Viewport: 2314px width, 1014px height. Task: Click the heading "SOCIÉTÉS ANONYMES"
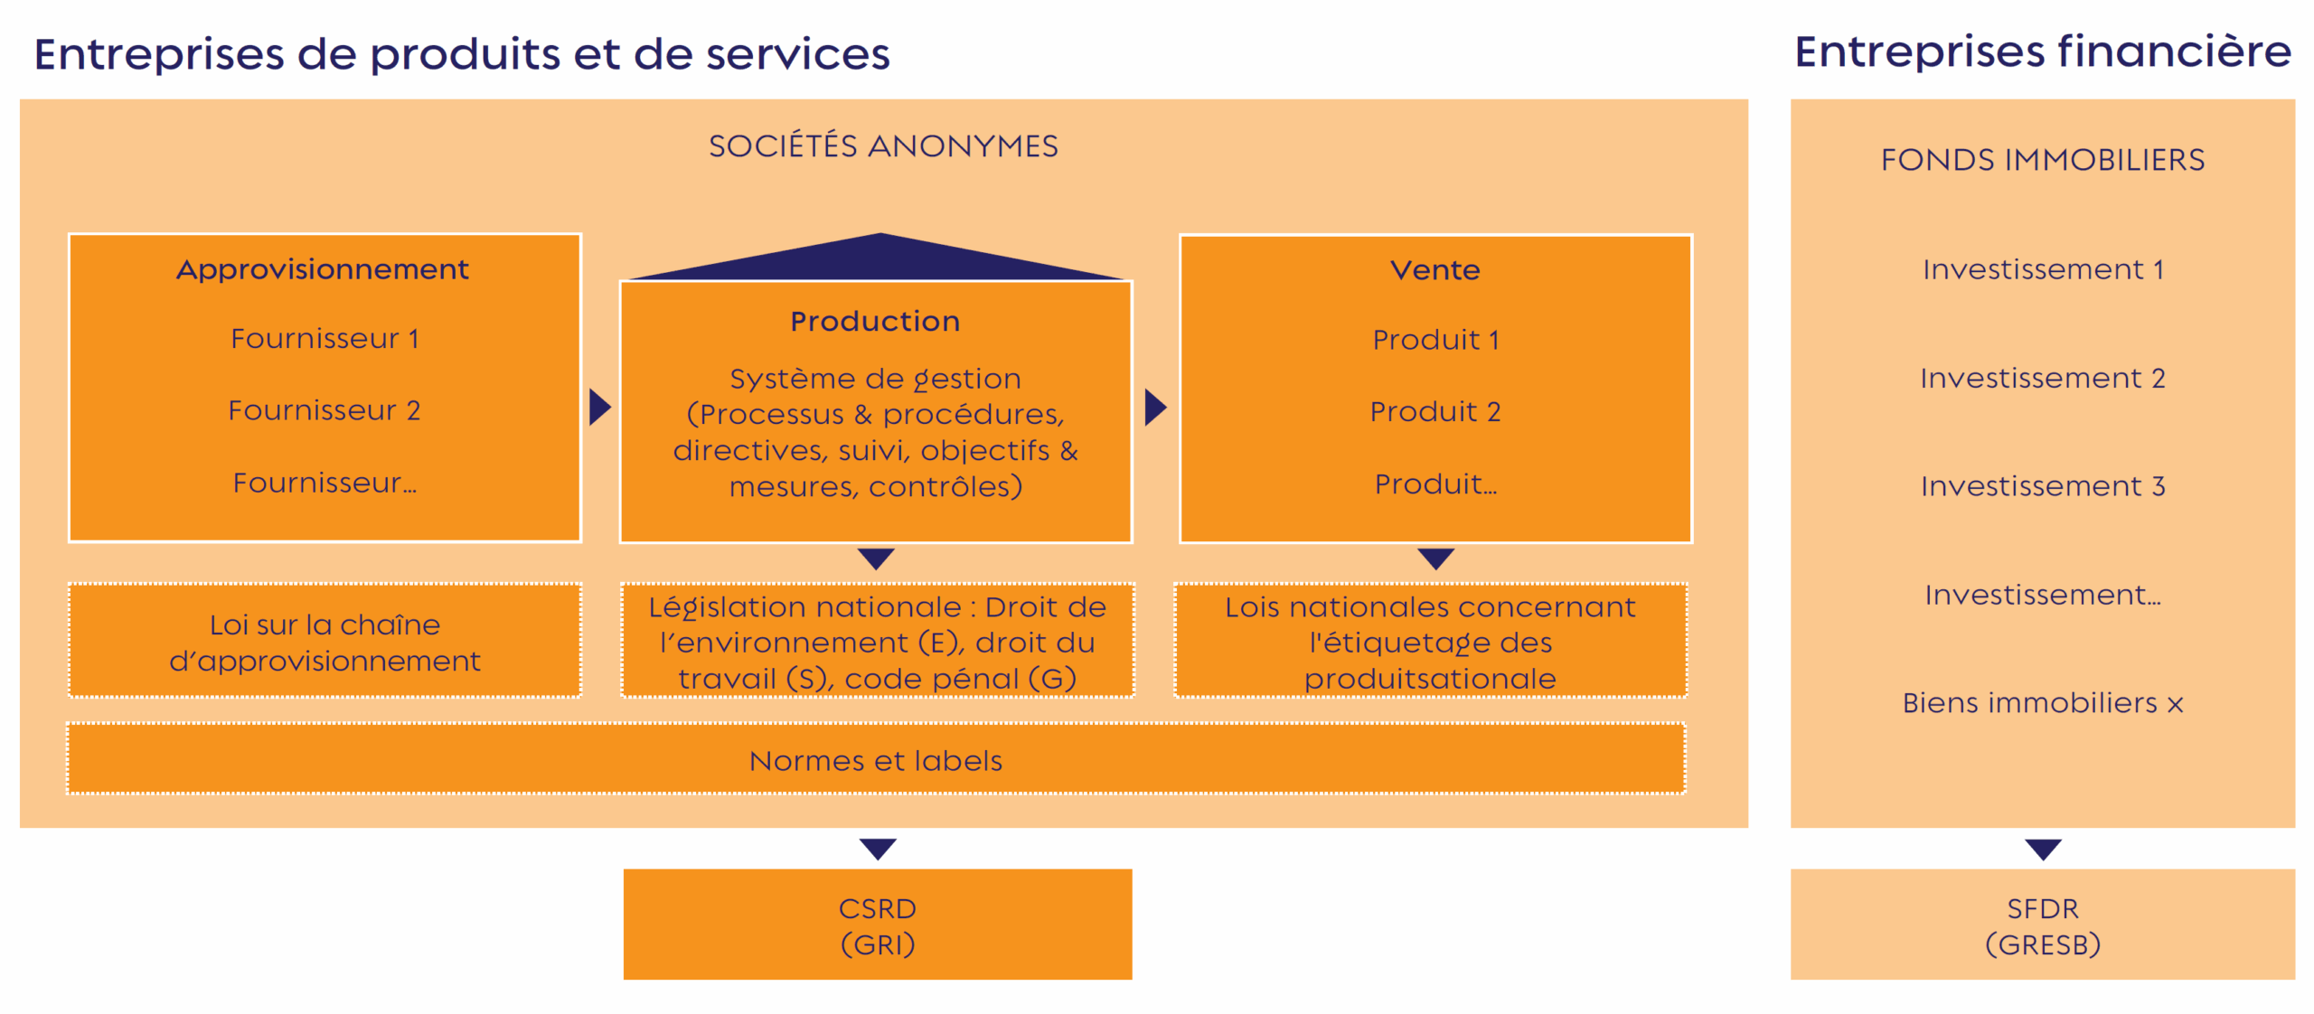883,146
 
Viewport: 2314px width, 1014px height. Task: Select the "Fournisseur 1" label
325,339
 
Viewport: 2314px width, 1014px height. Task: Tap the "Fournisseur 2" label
325,411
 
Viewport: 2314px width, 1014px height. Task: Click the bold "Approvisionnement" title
323,270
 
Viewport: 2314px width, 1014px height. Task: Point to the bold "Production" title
875,322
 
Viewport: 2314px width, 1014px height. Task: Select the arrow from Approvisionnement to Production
600,408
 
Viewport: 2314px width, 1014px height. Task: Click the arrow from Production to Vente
1155,408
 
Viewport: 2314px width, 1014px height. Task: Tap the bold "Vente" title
1435,270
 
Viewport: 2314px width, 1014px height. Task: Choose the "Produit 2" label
1435,412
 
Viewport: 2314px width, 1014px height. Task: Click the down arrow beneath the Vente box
1435,559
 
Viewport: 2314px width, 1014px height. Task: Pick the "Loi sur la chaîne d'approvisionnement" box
325,641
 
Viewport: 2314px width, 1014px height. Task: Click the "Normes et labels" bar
876,759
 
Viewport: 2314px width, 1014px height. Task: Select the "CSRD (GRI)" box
878,925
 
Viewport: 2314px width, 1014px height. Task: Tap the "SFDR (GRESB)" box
2043,925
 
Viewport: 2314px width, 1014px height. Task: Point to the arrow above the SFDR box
2043,850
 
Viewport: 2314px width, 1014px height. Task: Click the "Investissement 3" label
2043,486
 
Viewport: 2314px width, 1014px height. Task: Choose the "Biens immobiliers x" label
2043,703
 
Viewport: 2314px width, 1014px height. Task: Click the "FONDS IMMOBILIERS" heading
2043,160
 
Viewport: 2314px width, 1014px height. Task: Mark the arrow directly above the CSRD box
878,850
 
